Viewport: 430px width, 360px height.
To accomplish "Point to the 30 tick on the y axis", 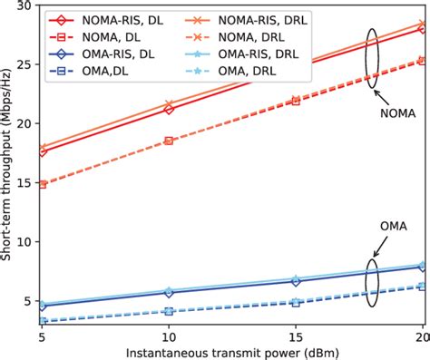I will click(25, 5).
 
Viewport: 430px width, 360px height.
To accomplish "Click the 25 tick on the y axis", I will click(25, 64).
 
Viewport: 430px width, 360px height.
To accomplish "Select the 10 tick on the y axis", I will click(25, 242).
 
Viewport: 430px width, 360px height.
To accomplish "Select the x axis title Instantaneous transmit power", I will click(233, 353).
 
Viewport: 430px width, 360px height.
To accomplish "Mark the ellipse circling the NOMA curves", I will click(372, 57).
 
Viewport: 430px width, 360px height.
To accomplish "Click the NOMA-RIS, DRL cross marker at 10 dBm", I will click(169, 104).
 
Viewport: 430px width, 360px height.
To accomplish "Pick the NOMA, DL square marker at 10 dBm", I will click(169, 141).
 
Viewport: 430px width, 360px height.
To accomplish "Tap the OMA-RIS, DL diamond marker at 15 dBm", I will click(296, 280).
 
